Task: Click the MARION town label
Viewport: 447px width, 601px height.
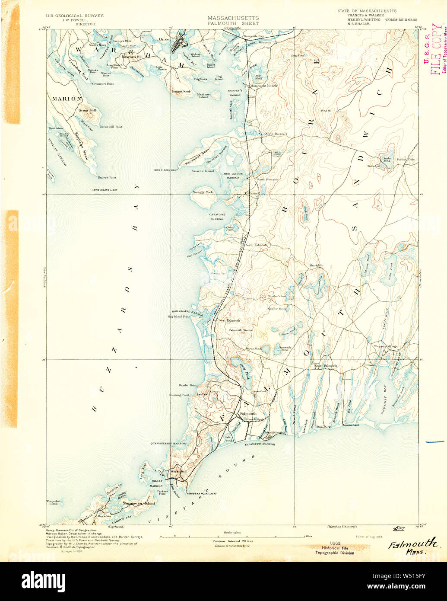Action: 67,99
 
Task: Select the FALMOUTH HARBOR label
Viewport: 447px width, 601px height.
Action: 260,444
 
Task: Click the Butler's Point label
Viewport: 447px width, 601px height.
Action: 107,177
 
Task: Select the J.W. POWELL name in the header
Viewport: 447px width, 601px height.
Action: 72,19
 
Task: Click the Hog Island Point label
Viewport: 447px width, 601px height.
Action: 179,316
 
